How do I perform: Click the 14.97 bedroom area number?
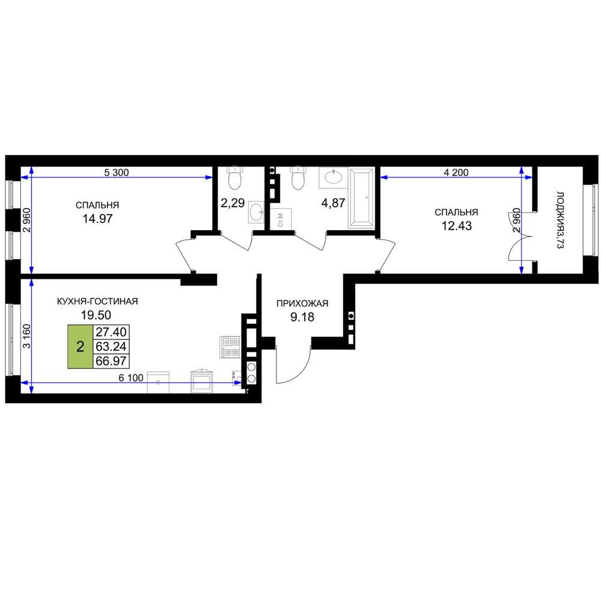tap(98, 219)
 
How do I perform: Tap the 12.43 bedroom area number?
tap(457, 226)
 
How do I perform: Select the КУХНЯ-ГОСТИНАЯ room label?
tap(97, 301)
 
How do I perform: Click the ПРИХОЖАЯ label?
tap(302, 304)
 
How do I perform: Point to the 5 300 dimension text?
tap(117, 173)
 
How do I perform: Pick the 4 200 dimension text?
tap(456, 173)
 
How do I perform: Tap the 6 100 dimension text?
tap(131, 378)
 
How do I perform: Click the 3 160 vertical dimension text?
tap(26, 336)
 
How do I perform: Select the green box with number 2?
tap(80, 347)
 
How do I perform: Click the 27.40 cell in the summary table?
tap(111, 332)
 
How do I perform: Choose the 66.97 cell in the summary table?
tap(111, 361)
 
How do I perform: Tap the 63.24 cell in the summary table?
tap(111, 347)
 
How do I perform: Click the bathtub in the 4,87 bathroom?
tap(361, 198)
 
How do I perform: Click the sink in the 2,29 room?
tap(256, 212)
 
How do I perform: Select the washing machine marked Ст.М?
tap(281, 219)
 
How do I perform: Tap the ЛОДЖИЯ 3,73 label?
tap(560, 221)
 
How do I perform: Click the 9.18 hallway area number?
tap(302, 317)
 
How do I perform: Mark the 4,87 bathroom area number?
tap(333, 203)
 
